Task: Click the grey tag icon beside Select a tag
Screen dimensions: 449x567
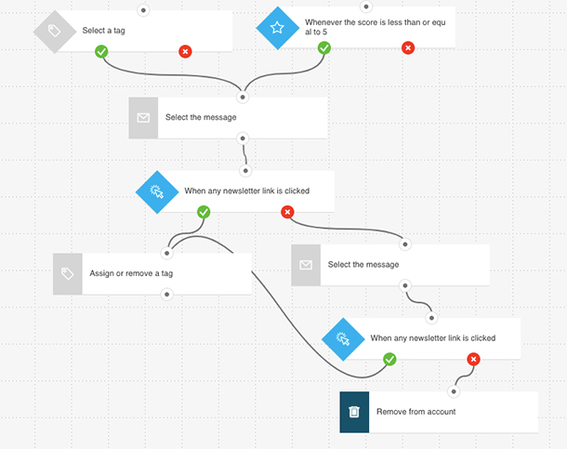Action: pyautogui.click(x=53, y=32)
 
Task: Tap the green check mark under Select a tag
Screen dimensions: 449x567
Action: pyautogui.click(x=101, y=51)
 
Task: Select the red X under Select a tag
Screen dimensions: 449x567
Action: pyautogui.click(x=185, y=51)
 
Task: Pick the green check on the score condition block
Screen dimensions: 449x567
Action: pyautogui.click(x=323, y=46)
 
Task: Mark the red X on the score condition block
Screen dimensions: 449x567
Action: pyautogui.click(x=407, y=46)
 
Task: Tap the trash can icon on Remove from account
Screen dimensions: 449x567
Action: pyautogui.click(x=354, y=412)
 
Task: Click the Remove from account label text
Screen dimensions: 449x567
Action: pyautogui.click(x=415, y=412)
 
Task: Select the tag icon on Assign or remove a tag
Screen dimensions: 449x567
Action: pyautogui.click(x=67, y=273)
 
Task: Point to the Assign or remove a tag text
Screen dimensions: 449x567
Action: pyautogui.click(x=131, y=273)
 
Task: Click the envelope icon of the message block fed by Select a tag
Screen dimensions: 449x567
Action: pyautogui.click(x=143, y=117)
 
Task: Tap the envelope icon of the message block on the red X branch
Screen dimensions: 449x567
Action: pyautogui.click(x=305, y=265)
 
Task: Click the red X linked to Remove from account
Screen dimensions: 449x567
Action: pyautogui.click(x=473, y=359)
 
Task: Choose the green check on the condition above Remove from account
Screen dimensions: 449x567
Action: pyautogui.click(x=389, y=359)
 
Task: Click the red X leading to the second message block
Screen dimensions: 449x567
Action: pyautogui.click(x=287, y=212)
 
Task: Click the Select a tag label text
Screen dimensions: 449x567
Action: pyautogui.click(x=105, y=31)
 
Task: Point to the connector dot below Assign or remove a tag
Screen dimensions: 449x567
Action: pyautogui.click(x=166, y=294)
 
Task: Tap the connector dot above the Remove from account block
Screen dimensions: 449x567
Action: pyautogui.click(x=454, y=391)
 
